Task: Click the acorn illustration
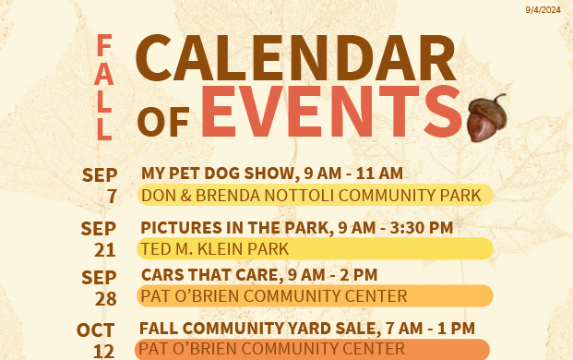coord(487,117)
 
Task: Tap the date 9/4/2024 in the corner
coord(543,10)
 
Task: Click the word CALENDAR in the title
coord(295,58)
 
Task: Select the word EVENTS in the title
coord(332,111)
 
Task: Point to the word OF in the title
coord(163,122)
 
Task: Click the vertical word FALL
coord(104,87)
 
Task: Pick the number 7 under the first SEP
coord(112,197)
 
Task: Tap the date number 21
coord(105,250)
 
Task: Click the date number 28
coord(105,298)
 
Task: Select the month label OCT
coord(95,330)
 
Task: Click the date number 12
coord(103,352)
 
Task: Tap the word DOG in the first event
coord(222,174)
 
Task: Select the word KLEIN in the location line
coord(220,249)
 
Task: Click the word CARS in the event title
coord(158,275)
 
